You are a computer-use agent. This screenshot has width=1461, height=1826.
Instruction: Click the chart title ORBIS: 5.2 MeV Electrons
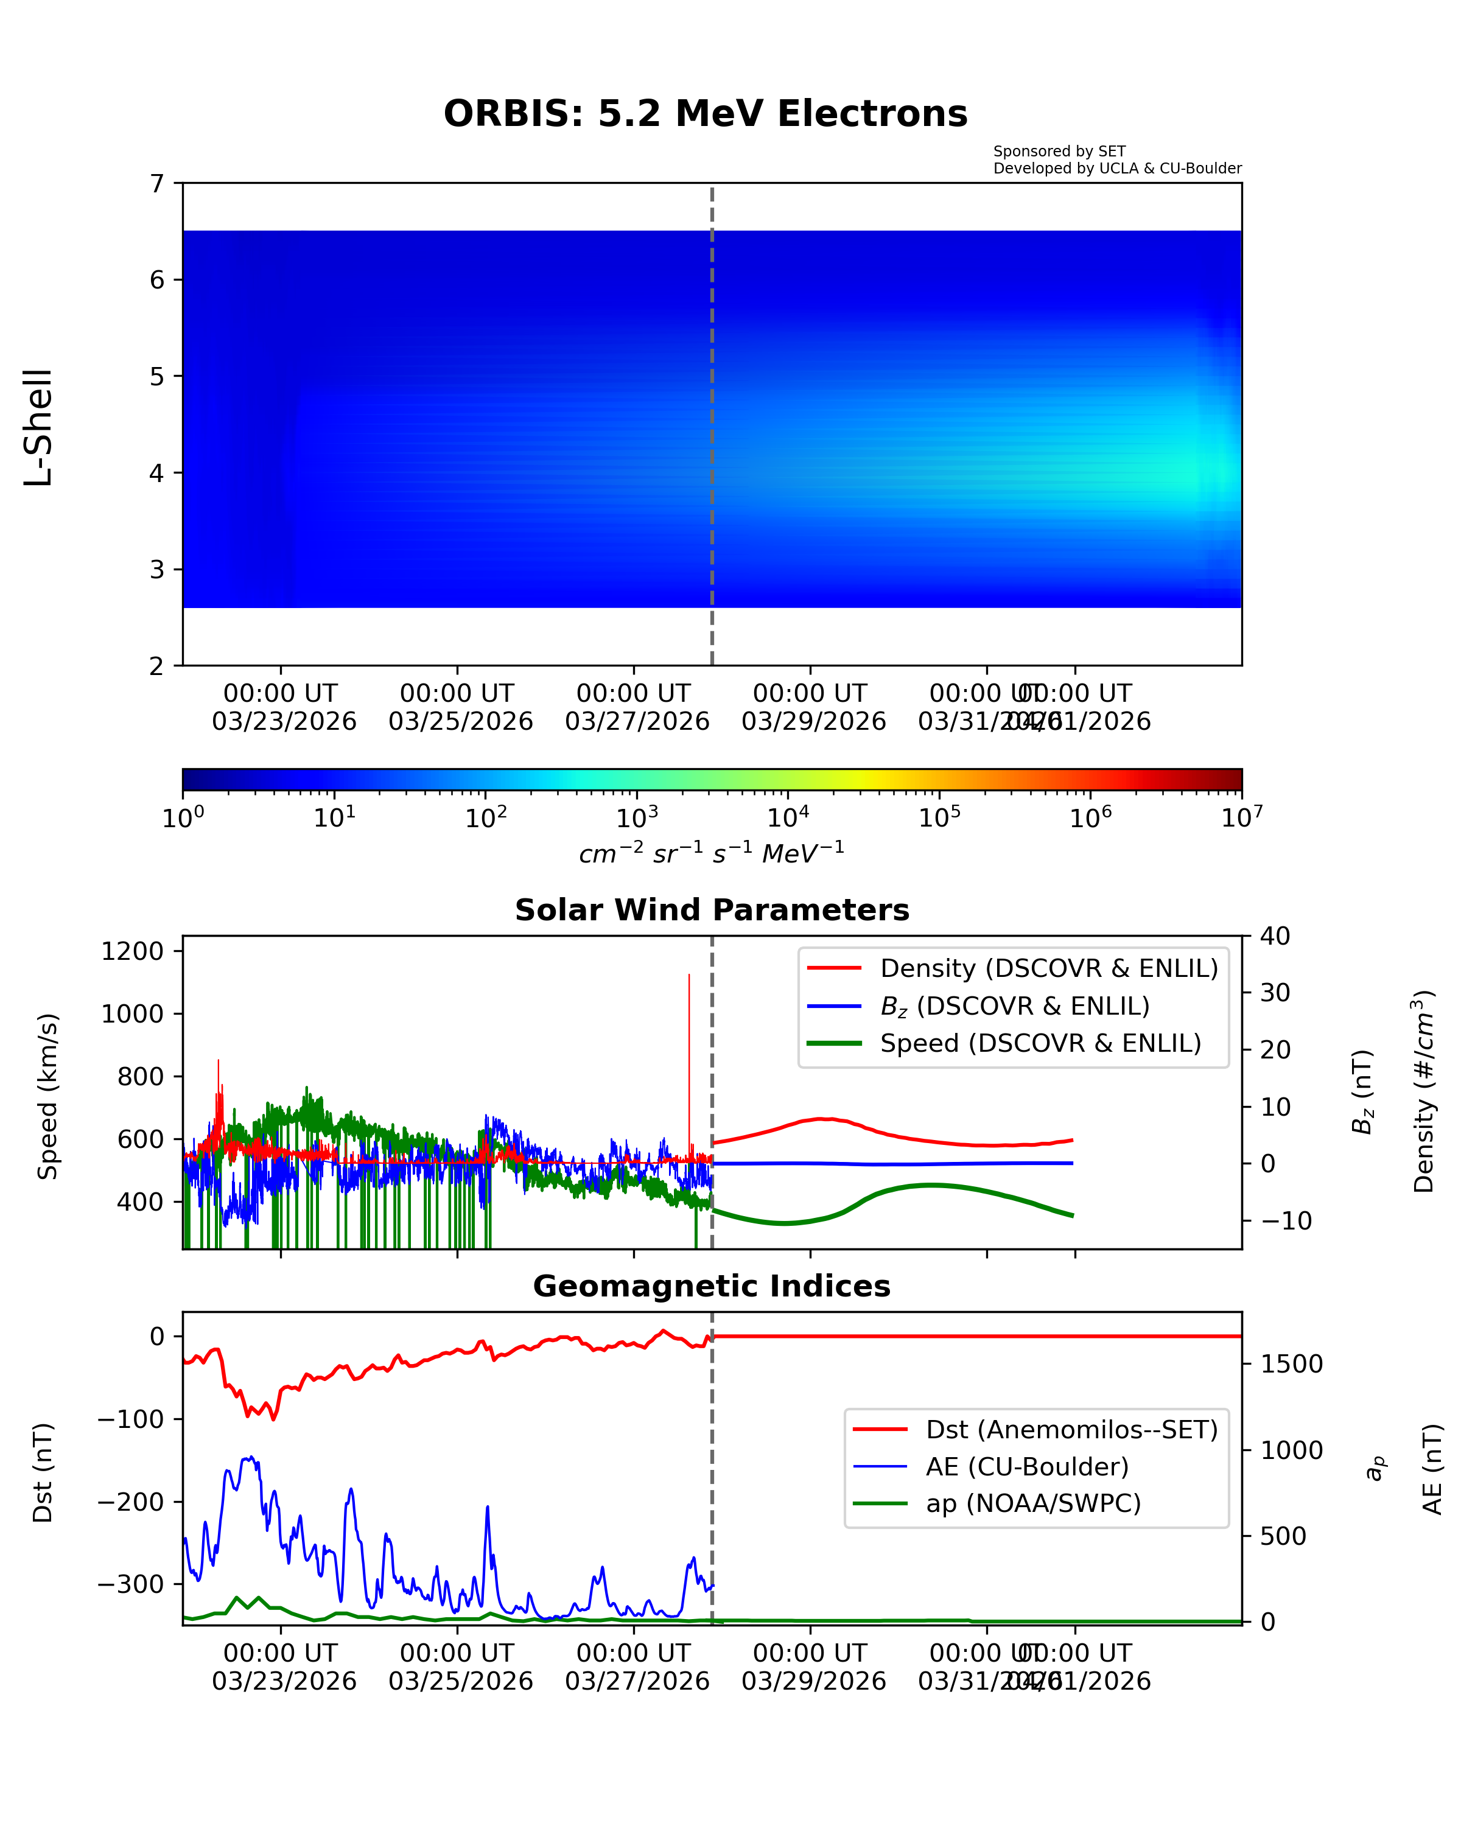pos(705,113)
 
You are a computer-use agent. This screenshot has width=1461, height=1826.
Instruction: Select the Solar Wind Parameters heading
pos(712,909)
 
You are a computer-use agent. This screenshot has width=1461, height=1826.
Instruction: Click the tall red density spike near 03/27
pos(688,1016)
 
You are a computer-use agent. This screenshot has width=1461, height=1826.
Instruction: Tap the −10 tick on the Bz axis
pos(1285,1220)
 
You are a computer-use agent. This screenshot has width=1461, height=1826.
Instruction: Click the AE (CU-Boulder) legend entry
pos(1026,1466)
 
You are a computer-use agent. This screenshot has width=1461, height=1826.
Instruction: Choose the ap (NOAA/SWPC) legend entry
pos(1032,1503)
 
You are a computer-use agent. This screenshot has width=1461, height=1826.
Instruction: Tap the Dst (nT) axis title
pos(43,1473)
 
